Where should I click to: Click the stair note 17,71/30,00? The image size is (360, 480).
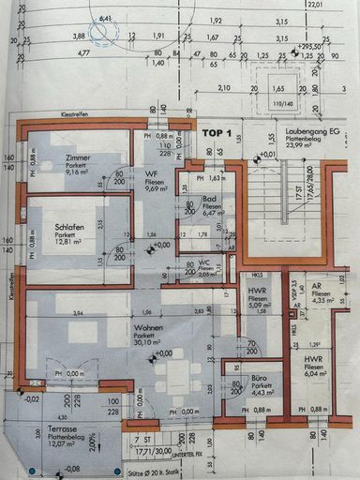156,450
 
